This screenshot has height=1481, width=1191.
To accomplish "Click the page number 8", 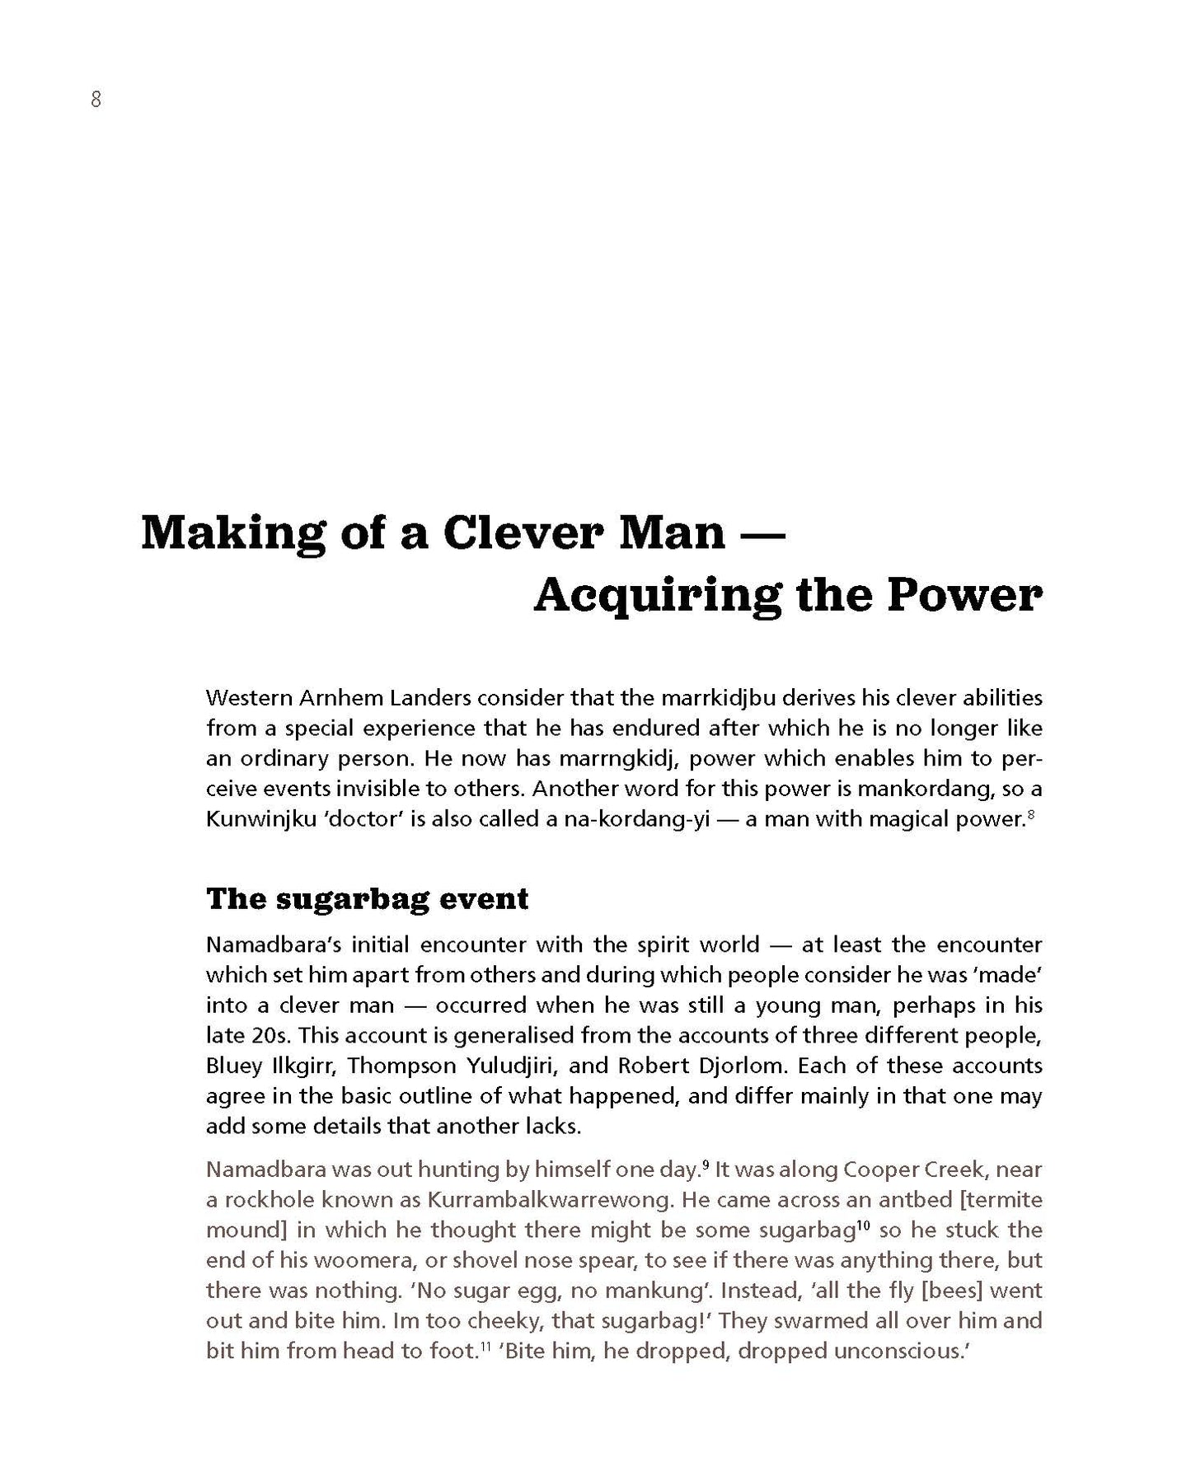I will tap(96, 101).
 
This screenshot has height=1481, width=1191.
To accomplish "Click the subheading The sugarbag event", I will tap(367, 898).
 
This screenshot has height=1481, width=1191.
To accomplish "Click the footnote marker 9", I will tap(705, 1164).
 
